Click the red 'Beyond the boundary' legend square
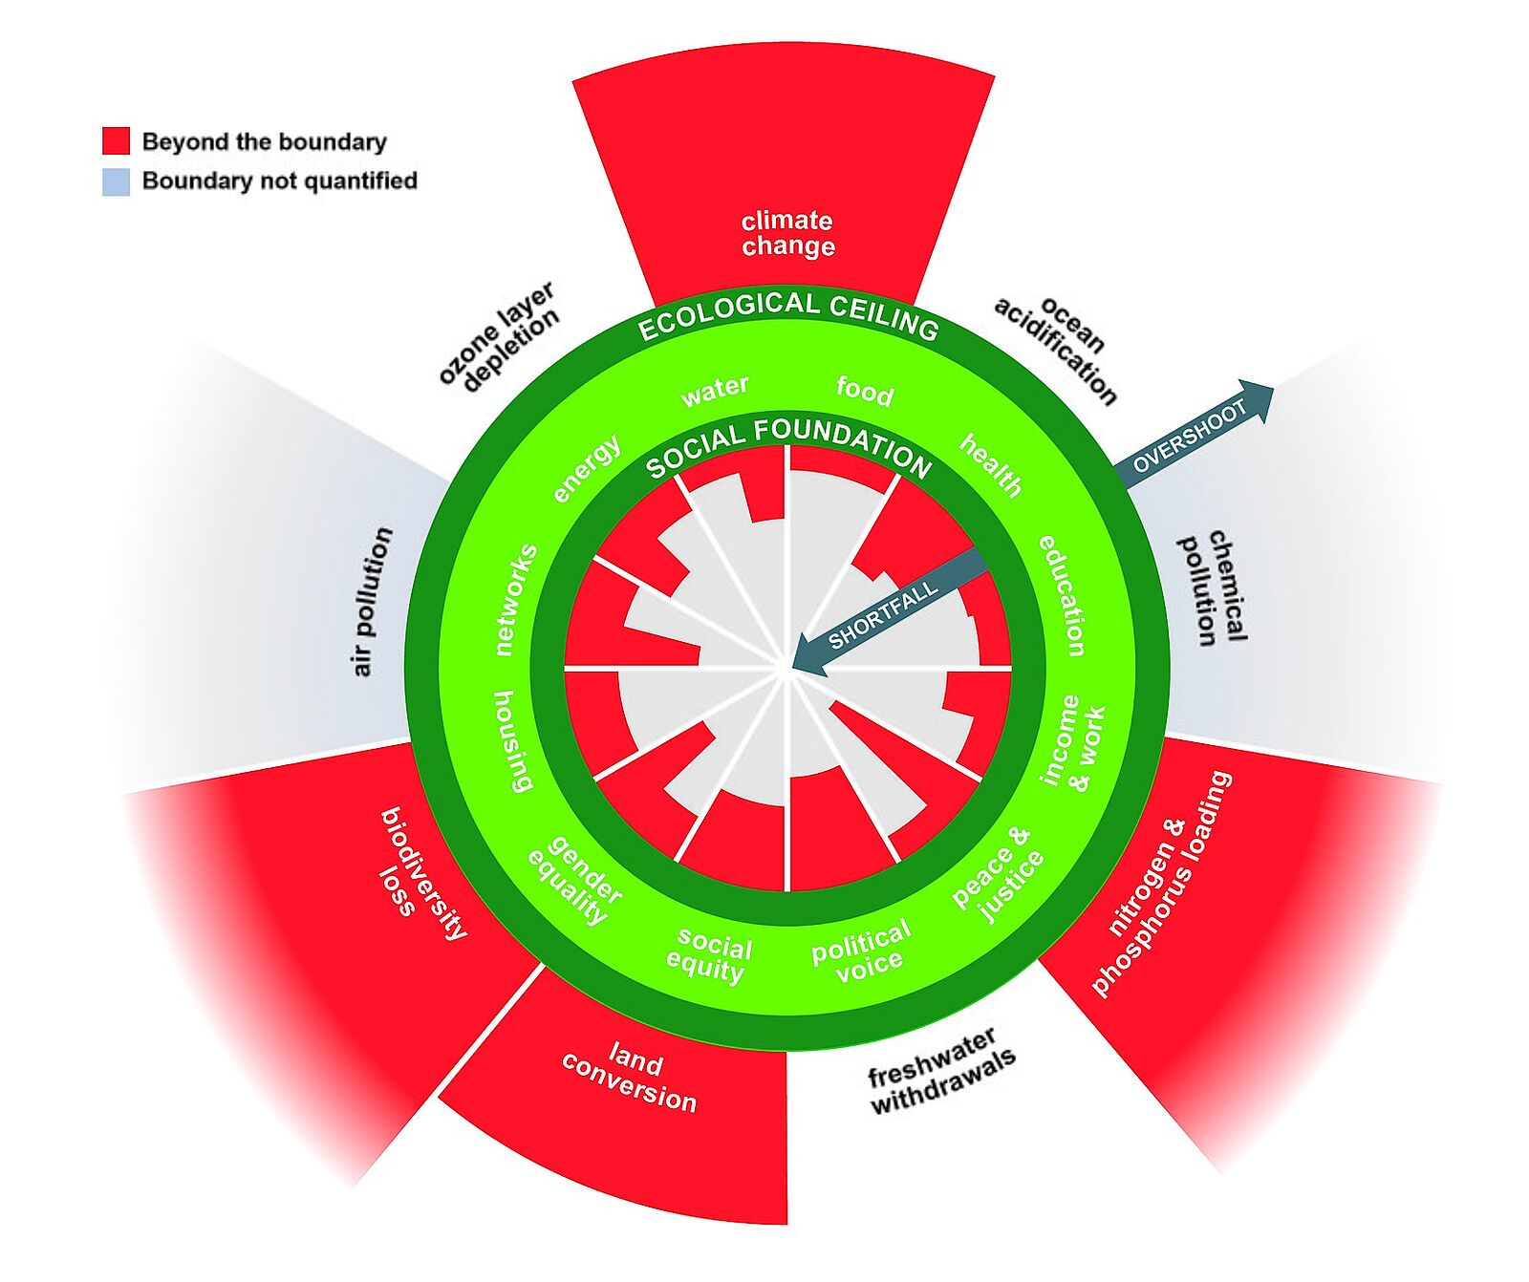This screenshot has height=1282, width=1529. tap(116, 141)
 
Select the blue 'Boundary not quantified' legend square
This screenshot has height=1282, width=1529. tap(116, 182)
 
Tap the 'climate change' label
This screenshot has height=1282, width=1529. tap(787, 233)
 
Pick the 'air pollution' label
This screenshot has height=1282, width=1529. tap(373, 601)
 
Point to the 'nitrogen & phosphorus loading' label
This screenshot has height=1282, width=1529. tap(1159, 885)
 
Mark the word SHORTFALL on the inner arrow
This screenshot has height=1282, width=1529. tap(883, 616)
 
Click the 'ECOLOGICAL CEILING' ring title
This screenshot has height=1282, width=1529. tap(787, 314)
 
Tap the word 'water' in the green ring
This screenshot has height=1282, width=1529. tap(714, 390)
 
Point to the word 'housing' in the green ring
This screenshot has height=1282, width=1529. tap(512, 741)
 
